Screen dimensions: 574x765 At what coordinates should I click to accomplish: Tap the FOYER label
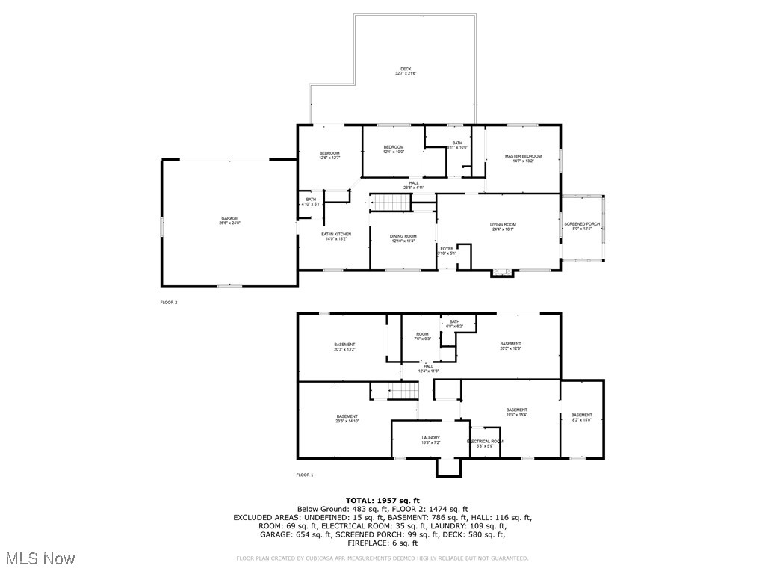[447, 250]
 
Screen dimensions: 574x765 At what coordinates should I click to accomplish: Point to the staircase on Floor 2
[392, 202]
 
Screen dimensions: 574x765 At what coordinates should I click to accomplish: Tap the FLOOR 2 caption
[169, 303]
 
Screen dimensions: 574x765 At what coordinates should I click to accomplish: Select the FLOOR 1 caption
[305, 475]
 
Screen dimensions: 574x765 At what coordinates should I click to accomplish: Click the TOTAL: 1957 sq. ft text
[382, 500]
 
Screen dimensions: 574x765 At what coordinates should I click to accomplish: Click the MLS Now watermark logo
[39, 558]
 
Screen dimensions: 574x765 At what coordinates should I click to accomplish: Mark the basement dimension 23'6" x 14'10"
[347, 419]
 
